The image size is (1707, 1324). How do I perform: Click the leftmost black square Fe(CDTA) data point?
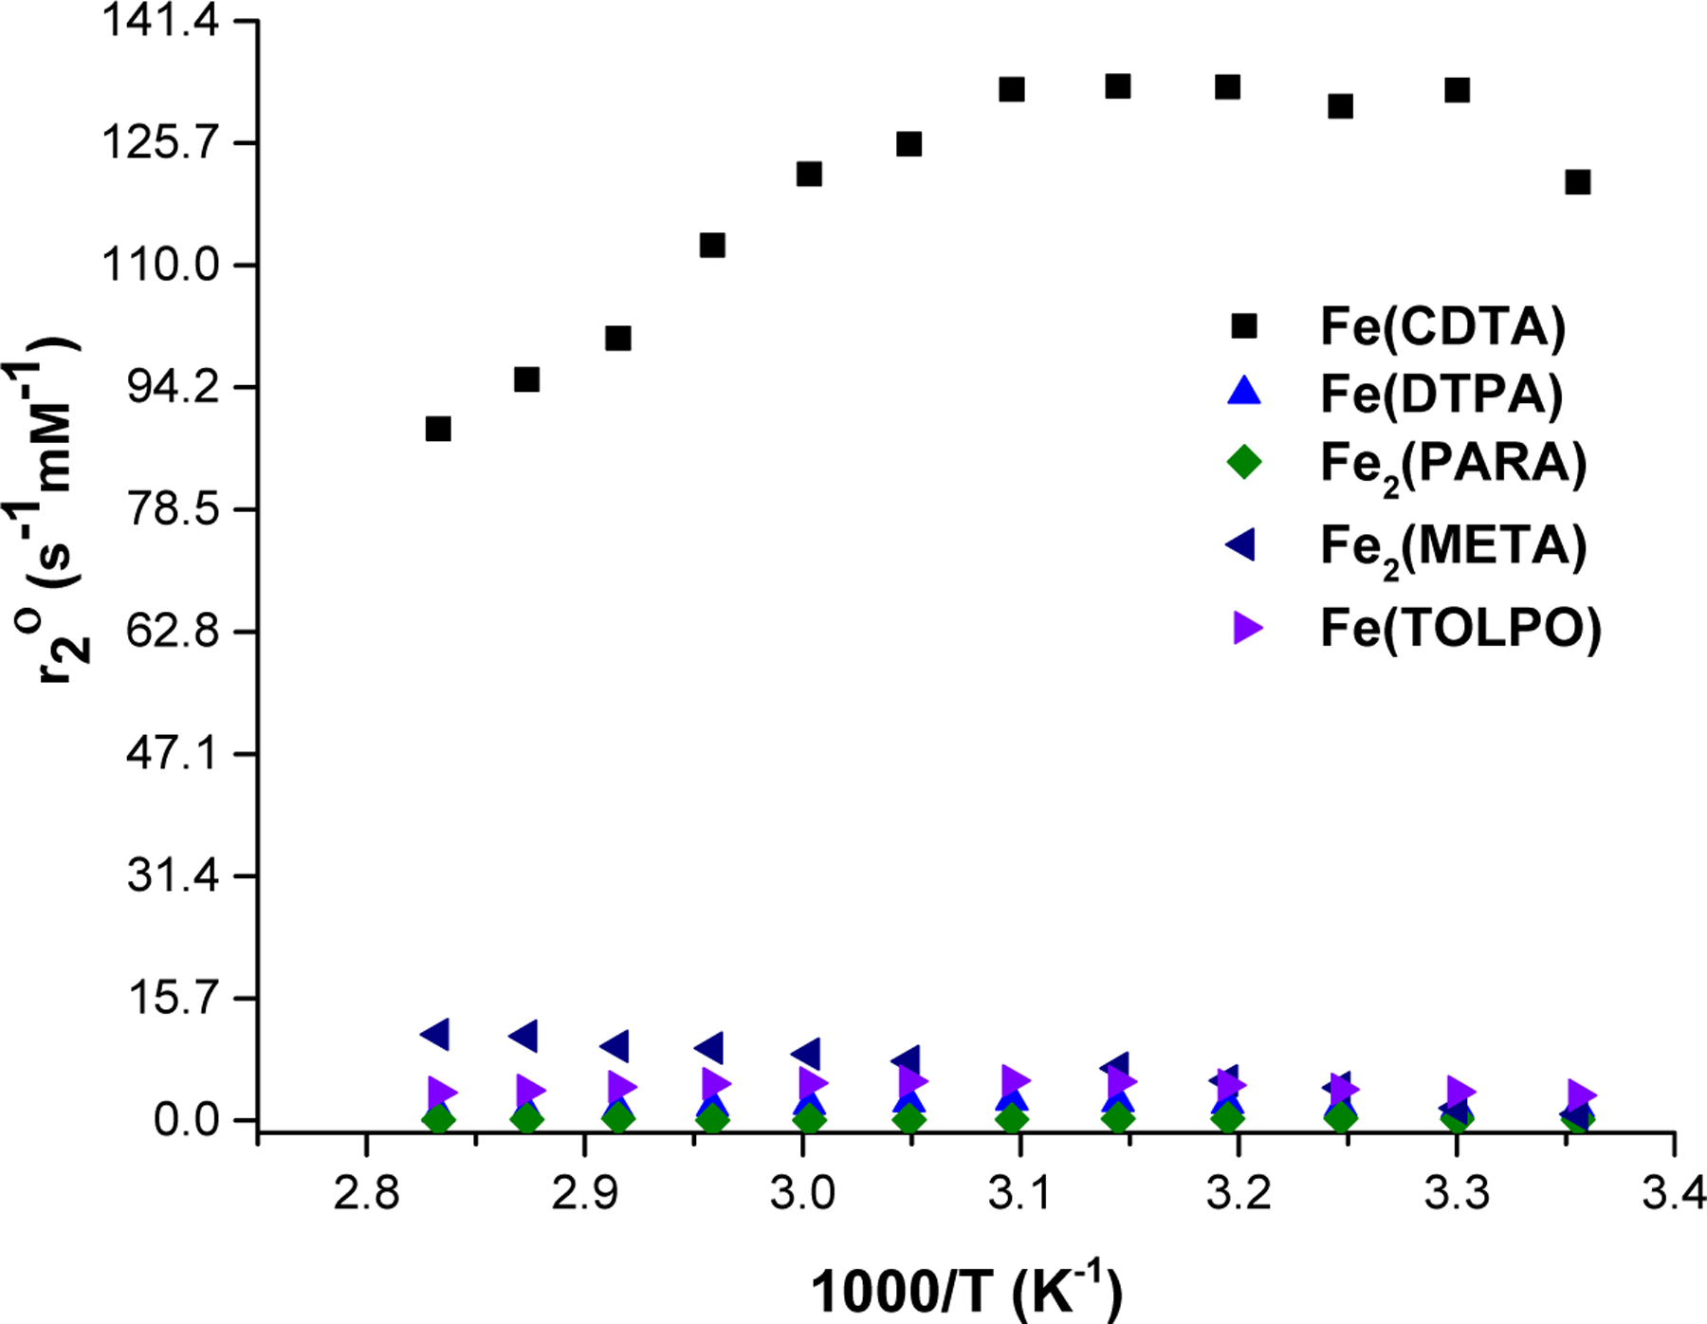click(437, 429)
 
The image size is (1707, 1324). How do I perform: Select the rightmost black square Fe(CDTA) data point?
click(1577, 182)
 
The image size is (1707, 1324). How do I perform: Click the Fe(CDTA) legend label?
click(1442, 326)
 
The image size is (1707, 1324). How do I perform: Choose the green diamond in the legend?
click(1243, 462)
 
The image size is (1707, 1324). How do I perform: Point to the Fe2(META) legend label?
click(1453, 547)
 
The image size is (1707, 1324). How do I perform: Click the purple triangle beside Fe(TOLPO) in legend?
click(1246, 628)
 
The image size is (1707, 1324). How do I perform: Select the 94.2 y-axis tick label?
click(174, 387)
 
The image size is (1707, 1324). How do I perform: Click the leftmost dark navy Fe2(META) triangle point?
click(435, 1034)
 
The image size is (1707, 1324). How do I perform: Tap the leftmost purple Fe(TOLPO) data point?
click(442, 1093)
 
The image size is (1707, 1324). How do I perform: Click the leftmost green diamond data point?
click(438, 1119)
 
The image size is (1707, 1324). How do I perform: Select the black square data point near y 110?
click(712, 246)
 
